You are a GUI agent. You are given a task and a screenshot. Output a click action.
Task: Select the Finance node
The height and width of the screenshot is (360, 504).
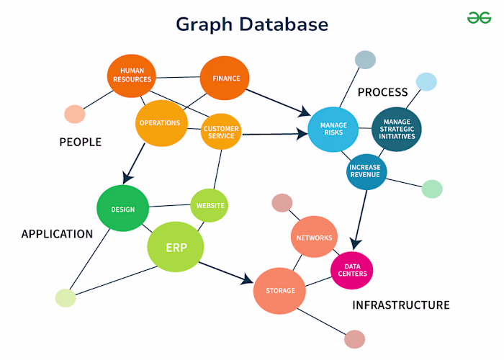point(225,78)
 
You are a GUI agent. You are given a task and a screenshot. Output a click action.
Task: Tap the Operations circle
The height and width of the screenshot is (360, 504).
point(159,122)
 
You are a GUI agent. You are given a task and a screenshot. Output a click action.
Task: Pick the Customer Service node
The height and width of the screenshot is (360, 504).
point(221,131)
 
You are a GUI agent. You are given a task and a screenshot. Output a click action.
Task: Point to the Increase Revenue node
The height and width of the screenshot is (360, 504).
point(367,171)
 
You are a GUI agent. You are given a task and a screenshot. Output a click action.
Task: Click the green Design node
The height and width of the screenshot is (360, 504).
point(122,209)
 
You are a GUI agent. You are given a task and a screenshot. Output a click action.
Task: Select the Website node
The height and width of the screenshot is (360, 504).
point(210,205)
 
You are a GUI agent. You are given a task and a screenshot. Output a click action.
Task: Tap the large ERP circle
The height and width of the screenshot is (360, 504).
point(176,248)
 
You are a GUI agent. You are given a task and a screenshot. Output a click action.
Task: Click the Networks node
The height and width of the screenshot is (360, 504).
point(315,238)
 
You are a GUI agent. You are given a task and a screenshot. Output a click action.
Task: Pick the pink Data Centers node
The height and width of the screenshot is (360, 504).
point(351,270)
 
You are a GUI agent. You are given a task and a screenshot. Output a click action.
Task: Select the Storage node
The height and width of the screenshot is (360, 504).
point(280,290)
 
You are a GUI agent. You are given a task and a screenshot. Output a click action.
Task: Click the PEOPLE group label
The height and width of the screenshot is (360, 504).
point(80,143)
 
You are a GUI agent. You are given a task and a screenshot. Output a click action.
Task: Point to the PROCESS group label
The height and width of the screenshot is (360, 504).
point(382,92)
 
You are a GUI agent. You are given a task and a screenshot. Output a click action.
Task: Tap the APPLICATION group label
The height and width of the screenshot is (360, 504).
point(57,234)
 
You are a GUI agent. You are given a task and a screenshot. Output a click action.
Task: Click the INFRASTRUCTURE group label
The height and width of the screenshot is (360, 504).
point(400,305)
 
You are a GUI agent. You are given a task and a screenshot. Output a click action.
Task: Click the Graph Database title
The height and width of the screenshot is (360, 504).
point(252,24)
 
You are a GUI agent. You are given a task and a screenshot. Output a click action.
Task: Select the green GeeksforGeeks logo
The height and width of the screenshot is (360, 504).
point(474,17)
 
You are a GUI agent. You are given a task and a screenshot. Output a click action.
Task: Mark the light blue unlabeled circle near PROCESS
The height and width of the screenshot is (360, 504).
point(426,81)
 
